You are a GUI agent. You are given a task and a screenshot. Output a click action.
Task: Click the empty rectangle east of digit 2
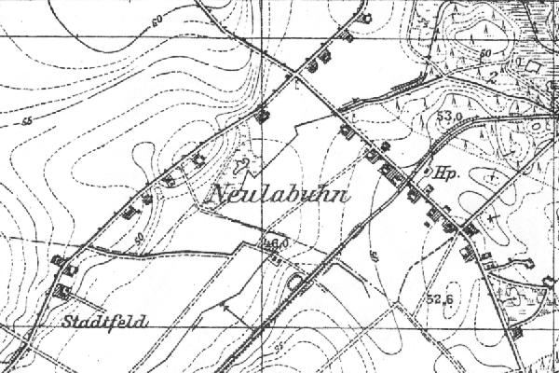click(x=532, y=66)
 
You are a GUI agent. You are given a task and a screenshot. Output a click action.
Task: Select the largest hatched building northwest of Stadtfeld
click(x=62, y=292)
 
